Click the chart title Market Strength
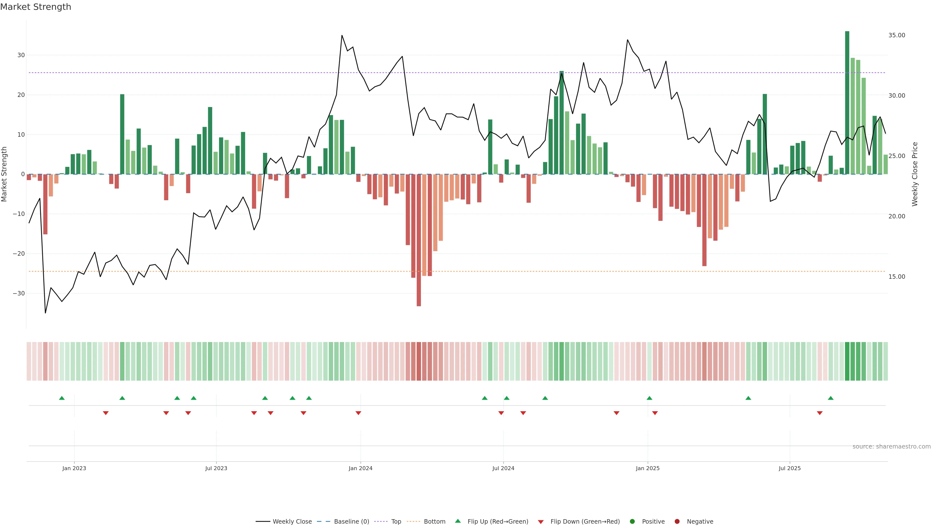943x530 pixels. coord(36,7)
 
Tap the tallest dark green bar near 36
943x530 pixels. coord(847,102)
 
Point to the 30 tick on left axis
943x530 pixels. coord(21,55)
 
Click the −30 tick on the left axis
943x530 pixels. coord(19,293)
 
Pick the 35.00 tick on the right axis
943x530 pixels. coord(897,35)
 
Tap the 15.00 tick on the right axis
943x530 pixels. coord(897,277)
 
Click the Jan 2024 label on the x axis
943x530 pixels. coord(360,468)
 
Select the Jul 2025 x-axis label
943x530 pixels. coord(790,468)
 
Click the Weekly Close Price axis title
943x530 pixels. coord(915,174)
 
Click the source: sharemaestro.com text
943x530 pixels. coord(891,447)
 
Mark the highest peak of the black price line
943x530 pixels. coord(342,36)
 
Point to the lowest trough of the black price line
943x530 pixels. coord(45,313)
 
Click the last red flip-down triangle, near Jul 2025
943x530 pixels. coord(820,413)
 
